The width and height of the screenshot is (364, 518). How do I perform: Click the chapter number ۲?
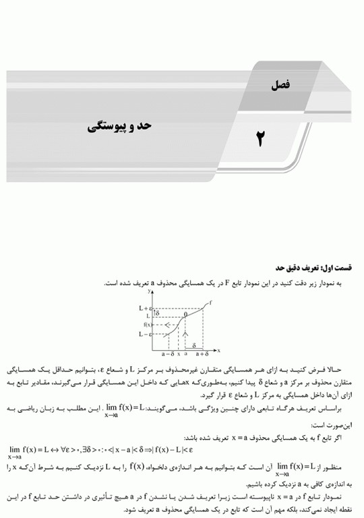click(x=260, y=138)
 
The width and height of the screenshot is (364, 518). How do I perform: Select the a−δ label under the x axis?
click(x=169, y=353)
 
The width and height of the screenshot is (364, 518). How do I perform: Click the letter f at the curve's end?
click(x=210, y=303)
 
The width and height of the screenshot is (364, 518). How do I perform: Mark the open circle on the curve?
click(x=185, y=315)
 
